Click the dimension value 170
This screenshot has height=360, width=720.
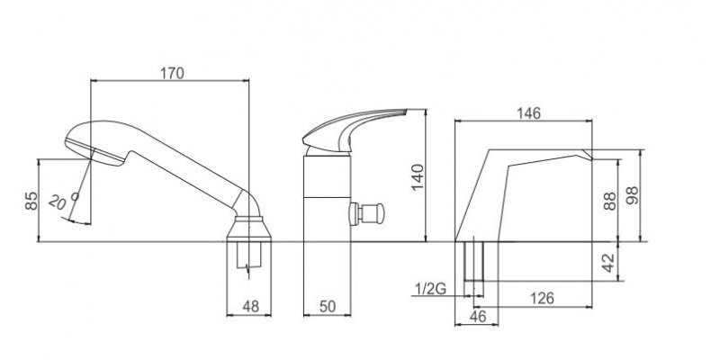(x=172, y=73)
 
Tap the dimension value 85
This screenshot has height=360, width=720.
(x=31, y=201)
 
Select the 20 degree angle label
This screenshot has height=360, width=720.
(x=62, y=201)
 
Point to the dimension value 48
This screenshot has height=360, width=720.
(x=250, y=306)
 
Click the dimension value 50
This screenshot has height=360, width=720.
(x=328, y=306)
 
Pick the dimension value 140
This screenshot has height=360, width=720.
(x=418, y=177)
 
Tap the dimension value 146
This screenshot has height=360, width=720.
(x=528, y=113)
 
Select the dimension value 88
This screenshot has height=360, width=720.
(x=610, y=201)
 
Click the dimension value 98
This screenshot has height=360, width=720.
(x=633, y=195)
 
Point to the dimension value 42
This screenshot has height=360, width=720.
(x=608, y=263)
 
